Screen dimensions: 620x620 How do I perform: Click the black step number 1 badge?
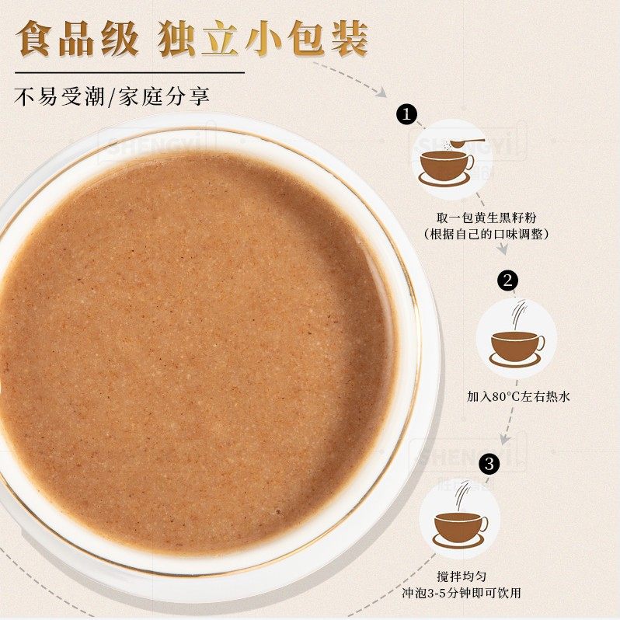pos(405,114)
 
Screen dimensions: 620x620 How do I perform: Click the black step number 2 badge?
pos(508,280)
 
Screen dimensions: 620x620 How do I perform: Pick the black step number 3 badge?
pos(488,464)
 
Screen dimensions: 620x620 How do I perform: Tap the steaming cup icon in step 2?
pos(517,343)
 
